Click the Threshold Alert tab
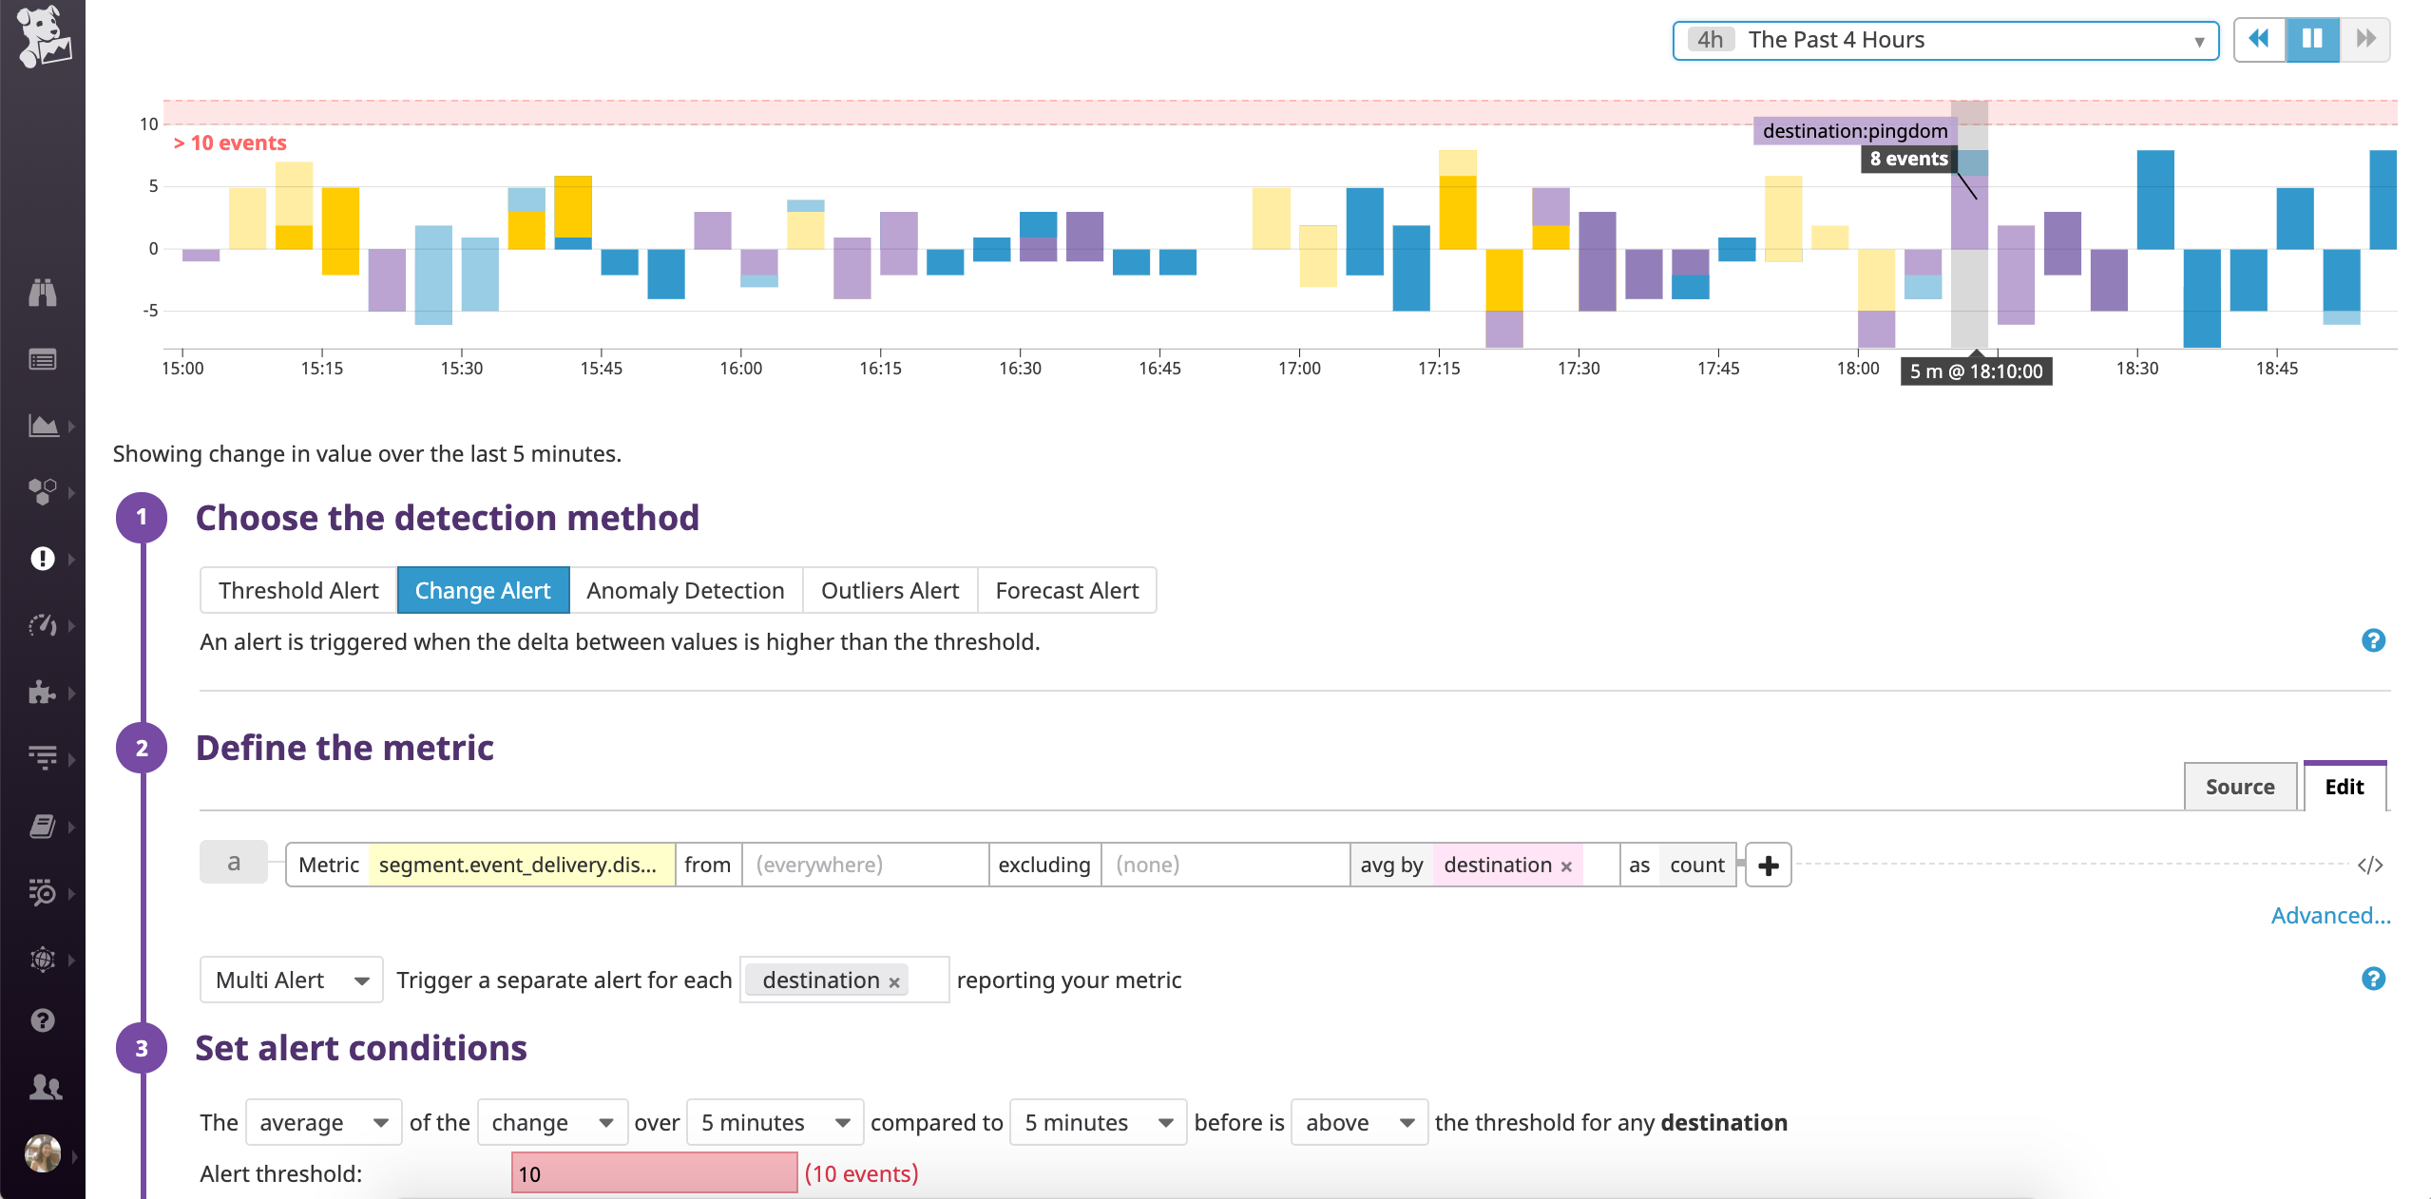298,591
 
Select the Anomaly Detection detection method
685,591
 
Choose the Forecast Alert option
1066,591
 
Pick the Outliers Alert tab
890,591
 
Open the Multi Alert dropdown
291,980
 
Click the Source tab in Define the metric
2239,787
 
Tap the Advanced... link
2330,916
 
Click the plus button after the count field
1768,866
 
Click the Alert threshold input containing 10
654,1173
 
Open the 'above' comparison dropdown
1358,1123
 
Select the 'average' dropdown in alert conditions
323,1123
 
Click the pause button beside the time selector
2311,39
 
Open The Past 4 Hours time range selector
1944,40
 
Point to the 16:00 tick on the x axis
741,369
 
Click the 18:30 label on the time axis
2136,369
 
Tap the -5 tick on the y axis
150,311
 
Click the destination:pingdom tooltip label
1854,131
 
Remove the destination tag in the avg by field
1566,866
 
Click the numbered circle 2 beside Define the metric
142,749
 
